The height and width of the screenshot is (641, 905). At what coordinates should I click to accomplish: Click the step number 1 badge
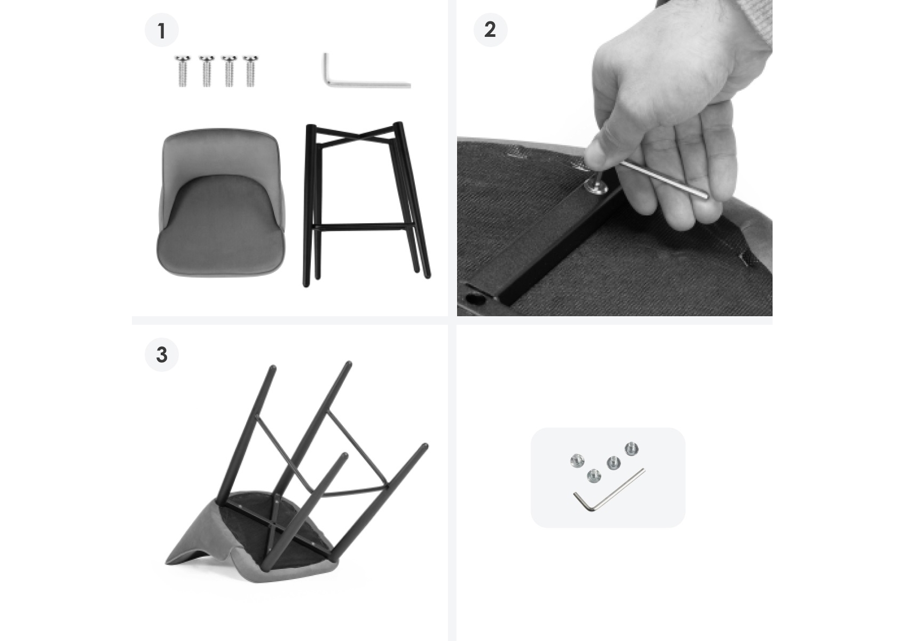click(x=162, y=30)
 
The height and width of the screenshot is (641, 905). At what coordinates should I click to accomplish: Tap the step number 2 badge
click(x=490, y=30)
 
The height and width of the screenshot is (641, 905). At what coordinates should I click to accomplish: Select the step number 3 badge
click(x=162, y=355)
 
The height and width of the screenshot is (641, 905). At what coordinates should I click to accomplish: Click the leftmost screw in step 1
click(x=182, y=71)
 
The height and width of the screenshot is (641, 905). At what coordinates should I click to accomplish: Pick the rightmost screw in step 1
click(x=250, y=71)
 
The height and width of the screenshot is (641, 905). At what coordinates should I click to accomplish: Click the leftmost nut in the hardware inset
click(x=577, y=461)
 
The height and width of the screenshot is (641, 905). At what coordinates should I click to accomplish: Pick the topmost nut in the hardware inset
click(x=632, y=449)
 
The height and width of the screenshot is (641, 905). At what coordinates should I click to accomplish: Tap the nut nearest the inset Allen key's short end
click(x=594, y=476)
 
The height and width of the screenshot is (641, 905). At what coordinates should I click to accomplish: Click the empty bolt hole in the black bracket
click(x=474, y=298)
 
